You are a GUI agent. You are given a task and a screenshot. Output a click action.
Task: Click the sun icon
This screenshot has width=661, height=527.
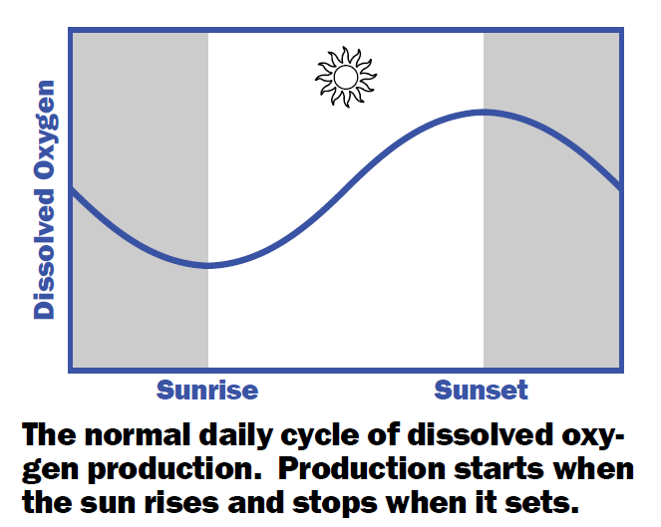coord(346,77)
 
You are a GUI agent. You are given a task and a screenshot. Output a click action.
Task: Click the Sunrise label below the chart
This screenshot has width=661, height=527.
coord(207,391)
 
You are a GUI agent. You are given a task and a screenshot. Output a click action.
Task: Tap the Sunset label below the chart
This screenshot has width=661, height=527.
coord(481,391)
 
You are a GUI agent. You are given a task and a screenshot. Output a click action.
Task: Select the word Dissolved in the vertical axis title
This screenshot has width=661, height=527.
coord(45,254)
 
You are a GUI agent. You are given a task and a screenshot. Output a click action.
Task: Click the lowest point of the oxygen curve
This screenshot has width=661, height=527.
coord(207,265)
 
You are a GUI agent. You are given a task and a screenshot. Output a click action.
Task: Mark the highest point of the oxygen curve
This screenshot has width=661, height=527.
coord(484,112)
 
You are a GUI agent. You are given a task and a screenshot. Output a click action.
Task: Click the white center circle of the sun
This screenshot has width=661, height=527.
coord(346,77)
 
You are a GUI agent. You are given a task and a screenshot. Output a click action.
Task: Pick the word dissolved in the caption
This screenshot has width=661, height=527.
coord(480,435)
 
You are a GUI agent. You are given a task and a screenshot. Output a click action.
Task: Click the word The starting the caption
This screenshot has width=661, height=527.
coord(49,435)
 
